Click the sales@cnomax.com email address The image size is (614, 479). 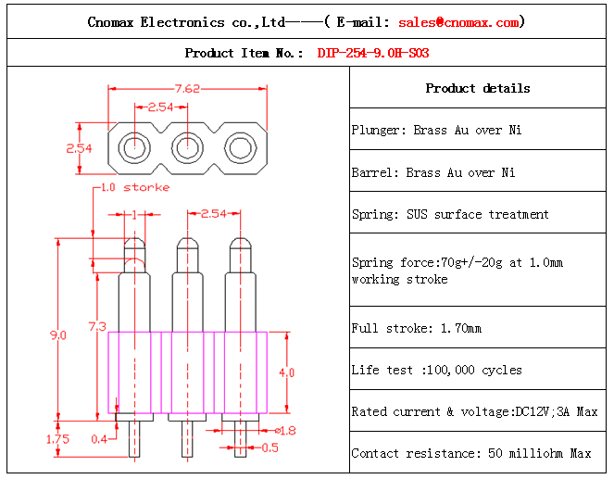pos(458,22)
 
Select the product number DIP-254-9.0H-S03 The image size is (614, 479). pos(373,54)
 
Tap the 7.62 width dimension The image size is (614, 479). pos(188,89)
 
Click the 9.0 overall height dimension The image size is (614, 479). pos(57,335)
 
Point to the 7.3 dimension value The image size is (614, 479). pos(97,326)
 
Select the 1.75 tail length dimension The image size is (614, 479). pos(56,439)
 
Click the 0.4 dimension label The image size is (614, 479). pos(98,438)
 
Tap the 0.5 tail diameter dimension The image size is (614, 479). pos(269,448)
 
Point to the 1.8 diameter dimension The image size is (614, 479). pos(286,430)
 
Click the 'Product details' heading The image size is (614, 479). pos(478,89)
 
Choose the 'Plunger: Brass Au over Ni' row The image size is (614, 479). pos(436,131)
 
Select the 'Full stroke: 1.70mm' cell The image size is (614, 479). pos(417,328)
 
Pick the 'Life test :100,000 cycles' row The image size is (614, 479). pos(436,370)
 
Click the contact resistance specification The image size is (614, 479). pos(470,453)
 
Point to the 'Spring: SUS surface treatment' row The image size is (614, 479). pos(450,214)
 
